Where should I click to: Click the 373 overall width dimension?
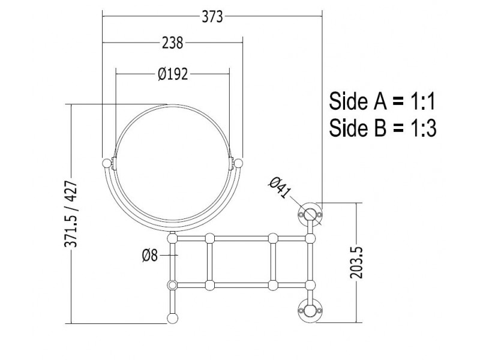pos(212,17)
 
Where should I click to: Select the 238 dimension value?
pos(172,43)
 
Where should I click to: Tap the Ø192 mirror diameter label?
pos(173,74)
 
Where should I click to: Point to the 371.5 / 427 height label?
pos(71,214)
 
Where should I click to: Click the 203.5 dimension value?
pos(356,263)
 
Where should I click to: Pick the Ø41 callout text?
pos(280,188)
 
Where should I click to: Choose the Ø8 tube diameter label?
pos(150,255)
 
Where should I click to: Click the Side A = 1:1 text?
pos(382,101)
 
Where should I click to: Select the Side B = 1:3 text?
pos(383,127)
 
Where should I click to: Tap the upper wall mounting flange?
pos(310,214)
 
